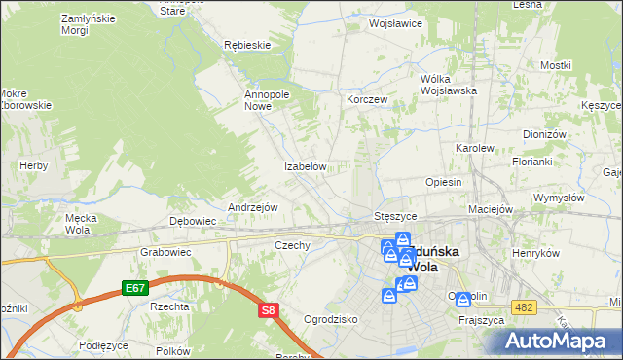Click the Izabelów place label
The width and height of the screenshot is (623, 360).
(304, 166)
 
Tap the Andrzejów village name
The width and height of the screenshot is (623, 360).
(253, 207)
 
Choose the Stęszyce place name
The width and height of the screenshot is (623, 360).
(395, 215)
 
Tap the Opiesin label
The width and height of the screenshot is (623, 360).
(443, 182)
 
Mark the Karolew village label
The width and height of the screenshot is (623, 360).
(475, 148)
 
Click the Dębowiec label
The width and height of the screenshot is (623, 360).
(193, 221)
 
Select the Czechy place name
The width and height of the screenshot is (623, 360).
(292, 245)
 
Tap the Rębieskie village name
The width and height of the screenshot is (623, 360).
(246, 45)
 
